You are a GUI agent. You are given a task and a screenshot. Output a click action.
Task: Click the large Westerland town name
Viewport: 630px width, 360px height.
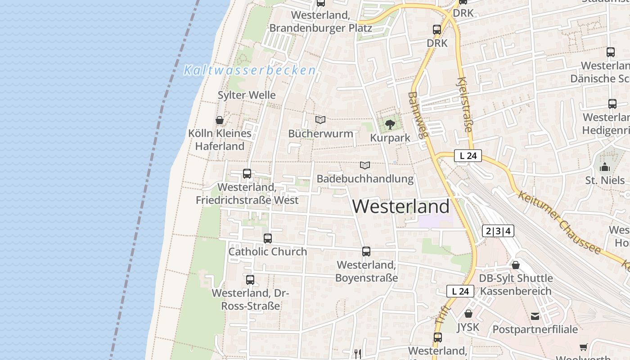[x=400, y=207]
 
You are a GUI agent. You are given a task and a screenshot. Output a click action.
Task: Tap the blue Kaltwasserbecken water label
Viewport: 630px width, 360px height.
[x=250, y=70]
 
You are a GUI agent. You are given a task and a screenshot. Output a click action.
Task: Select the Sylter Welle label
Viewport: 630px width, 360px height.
[x=247, y=95]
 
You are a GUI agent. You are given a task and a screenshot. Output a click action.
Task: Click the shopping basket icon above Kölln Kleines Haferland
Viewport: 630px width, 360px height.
[x=220, y=120]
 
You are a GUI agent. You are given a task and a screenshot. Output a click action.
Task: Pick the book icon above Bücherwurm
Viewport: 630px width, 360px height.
[x=320, y=120]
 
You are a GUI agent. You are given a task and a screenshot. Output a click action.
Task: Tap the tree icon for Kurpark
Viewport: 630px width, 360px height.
[x=390, y=124]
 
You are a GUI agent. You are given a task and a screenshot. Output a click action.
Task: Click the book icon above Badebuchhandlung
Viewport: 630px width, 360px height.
[x=365, y=166]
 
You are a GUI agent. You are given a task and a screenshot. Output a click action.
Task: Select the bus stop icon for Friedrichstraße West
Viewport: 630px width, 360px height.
[x=247, y=173]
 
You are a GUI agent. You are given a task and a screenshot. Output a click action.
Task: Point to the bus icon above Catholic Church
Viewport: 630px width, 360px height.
[x=268, y=238]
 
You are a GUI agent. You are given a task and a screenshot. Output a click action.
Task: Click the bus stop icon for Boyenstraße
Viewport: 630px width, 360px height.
[x=366, y=252]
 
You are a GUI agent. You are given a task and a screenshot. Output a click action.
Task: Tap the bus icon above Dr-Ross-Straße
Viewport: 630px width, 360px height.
[x=250, y=279]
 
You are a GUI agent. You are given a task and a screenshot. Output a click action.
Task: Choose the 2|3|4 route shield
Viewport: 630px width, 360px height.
[x=498, y=231]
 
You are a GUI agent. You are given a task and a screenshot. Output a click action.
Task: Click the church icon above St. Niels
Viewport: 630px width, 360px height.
[x=605, y=167]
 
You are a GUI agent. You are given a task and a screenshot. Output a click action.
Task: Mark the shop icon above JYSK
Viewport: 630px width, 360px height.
[x=468, y=314]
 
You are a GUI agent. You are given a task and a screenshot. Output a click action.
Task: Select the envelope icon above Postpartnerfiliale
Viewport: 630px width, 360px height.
[x=535, y=316]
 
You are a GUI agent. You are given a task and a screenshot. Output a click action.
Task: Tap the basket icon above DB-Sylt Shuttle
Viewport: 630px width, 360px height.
[x=516, y=265]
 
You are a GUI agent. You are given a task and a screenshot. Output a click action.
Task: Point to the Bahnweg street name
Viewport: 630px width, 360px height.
[x=419, y=114]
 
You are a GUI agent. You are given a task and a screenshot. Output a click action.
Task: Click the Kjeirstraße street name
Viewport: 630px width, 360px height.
[x=464, y=105]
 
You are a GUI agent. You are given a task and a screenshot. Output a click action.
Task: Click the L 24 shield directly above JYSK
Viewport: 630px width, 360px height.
[x=460, y=291]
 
